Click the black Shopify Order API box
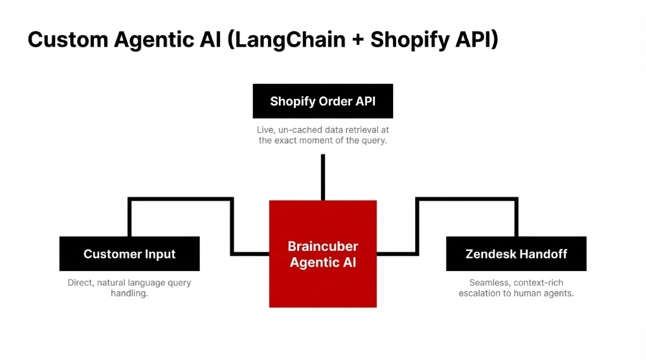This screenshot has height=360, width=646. (322, 101)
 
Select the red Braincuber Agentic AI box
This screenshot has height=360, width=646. (322, 253)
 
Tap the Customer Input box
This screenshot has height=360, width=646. (129, 253)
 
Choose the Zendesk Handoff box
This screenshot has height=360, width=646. (516, 253)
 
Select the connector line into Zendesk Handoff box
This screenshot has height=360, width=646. (467, 199)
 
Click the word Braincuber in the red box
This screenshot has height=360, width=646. (322, 246)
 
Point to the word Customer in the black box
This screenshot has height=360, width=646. (109, 254)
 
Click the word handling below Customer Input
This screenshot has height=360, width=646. (129, 293)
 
